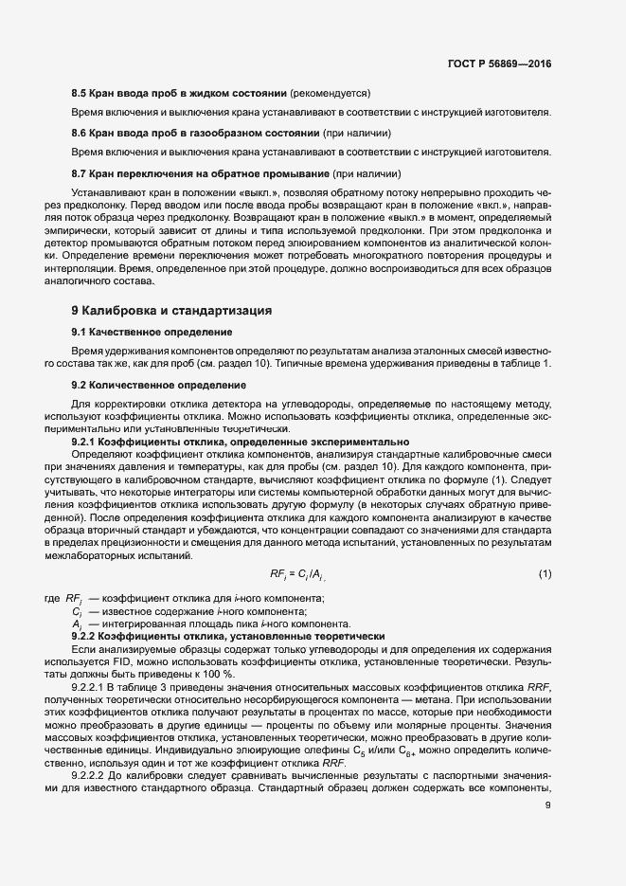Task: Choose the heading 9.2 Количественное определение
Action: pos(145,385)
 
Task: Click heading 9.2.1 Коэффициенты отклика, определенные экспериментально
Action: pos(241,442)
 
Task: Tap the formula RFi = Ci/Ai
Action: pos(299,574)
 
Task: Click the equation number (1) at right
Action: pos(545,574)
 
